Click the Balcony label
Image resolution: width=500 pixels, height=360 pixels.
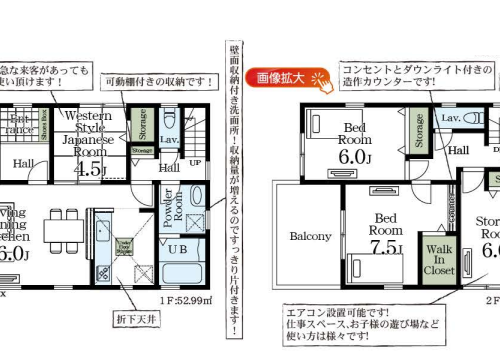[x=310, y=237]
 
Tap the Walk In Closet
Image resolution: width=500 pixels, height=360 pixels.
[x=439, y=257]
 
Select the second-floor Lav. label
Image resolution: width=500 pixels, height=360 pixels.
[x=450, y=118]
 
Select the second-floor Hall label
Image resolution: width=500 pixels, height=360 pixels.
[x=459, y=150]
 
